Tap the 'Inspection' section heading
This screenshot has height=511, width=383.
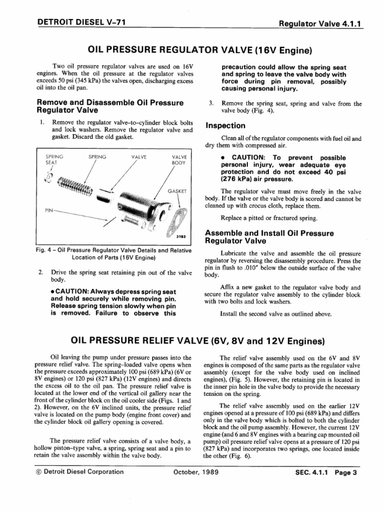pyautogui.click(x=225, y=126)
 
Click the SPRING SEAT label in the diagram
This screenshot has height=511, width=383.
pyautogui.click(x=51, y=159)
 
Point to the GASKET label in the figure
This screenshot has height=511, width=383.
pyautogui.click(x=177, y=191)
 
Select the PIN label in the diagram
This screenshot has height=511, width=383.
pyautogui.click(x=49, y=210)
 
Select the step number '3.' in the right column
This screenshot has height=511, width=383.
pyautogui.click(x=211, y=104)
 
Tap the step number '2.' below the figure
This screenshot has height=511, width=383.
pyautogui.click(x=40, y=272)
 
